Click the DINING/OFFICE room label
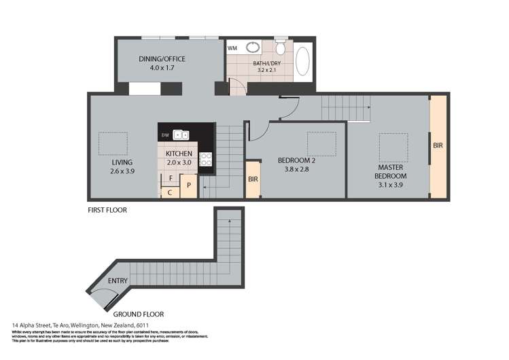(x=162, y=59)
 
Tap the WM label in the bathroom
(x=232, y=48)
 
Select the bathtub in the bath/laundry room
(x=303, y=63)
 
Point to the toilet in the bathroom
(x=279, y=48)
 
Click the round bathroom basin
(x=253, y=48)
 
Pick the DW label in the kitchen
(x=164, y=135)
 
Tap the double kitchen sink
(x=181, y=134)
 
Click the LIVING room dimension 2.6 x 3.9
(x=122, y=173)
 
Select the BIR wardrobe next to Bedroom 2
(x=253, y=180)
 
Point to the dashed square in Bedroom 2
(x=321, y=143)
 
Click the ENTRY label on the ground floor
(x=117, y=281)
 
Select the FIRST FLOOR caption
(x=107, y=210)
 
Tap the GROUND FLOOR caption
(x=138, y=314)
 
